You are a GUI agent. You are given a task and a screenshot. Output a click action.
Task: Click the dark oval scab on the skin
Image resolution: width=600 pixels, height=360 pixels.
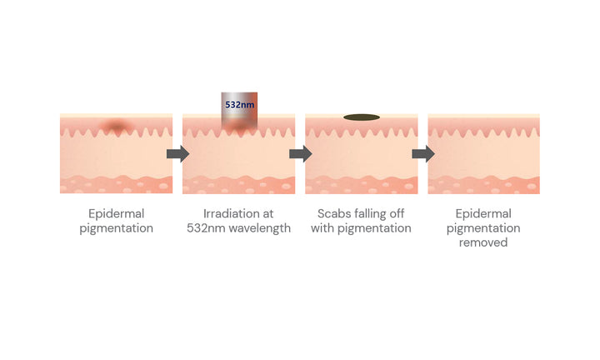pyautogui.click(x=362, y=117)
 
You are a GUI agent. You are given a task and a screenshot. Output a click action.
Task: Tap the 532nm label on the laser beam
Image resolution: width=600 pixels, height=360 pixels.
pyautogui.click(x=239, y=104)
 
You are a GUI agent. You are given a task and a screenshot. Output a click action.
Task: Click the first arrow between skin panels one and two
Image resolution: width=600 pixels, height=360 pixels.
pyautogui.click(x=178, y=154)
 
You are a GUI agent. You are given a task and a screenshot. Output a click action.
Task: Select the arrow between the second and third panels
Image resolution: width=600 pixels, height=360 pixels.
pyautogui.click(x=301, y=154)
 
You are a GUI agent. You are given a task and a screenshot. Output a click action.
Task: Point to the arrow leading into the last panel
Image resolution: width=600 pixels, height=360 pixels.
pyautogui.click(x=423, y=154)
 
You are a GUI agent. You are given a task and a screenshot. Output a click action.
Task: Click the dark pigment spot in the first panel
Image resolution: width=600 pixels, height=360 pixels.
pyautogui.click(x=117, y=126)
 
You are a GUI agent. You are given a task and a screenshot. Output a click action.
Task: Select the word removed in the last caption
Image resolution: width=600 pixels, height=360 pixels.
pyautogui.click(x=483, y=242)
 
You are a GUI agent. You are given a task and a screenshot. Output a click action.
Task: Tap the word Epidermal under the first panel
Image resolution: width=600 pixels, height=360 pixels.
pyautogui.click(x=117, y=214)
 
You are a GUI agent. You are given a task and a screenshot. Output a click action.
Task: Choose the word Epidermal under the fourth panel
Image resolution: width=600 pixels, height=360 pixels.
pyautogui.click(x=483, y=214)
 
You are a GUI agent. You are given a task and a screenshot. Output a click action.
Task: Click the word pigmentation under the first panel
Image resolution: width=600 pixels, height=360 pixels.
pyautogui.click(x=117, y=228)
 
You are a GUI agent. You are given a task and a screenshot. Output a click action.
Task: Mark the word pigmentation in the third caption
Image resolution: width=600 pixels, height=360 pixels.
pyautogui.click(x=374, y=228)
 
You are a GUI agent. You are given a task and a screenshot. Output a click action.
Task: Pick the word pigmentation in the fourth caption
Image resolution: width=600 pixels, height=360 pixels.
pyautogui.click(x=483, y=228)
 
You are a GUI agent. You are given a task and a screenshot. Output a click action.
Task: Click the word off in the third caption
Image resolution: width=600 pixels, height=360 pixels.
pyautogui.click(x=397, y=213)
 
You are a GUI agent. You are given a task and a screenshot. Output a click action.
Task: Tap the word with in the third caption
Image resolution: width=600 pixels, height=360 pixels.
pyautogui.click(x=322, y=228)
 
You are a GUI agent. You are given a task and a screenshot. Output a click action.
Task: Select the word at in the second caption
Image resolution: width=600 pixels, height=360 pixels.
pyautogui.click(x=268, y=214)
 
